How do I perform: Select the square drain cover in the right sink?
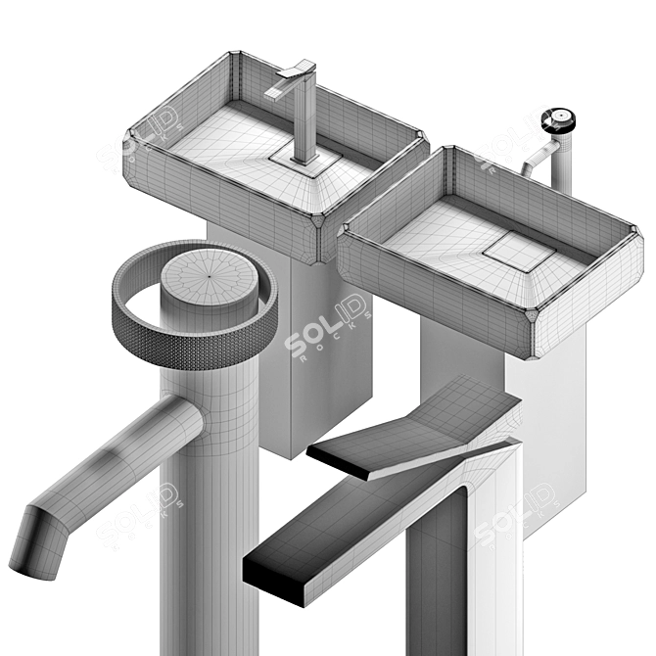521,252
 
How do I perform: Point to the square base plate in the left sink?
304,155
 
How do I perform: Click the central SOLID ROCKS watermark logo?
328,329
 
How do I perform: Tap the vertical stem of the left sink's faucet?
305,117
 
